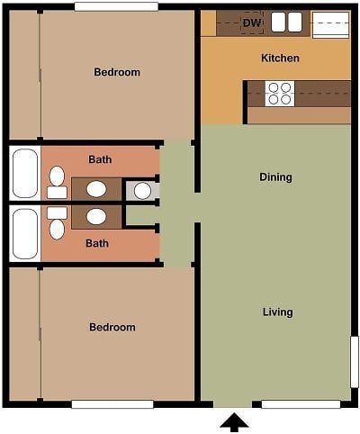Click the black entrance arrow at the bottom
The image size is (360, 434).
pos(234,421)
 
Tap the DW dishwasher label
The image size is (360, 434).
pos(251,23)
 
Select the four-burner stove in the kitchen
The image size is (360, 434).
pos(281,91)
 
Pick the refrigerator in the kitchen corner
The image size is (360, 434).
pos(330,24)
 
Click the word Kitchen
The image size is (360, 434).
pos(280,59)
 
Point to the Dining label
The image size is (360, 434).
pos(275,177)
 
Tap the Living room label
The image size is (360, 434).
pos(277,312)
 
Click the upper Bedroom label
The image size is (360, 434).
pos(117,72)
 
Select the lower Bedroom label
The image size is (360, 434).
pos(112,327)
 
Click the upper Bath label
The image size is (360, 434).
pos(100,160)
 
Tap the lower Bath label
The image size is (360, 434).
pos(97,243)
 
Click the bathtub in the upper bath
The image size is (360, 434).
pos(24,173)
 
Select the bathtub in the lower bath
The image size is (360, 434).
pos(24,233)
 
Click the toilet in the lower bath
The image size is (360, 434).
pos(57,223)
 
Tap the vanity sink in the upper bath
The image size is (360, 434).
pos(95,190)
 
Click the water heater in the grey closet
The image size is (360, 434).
pos(142,191)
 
